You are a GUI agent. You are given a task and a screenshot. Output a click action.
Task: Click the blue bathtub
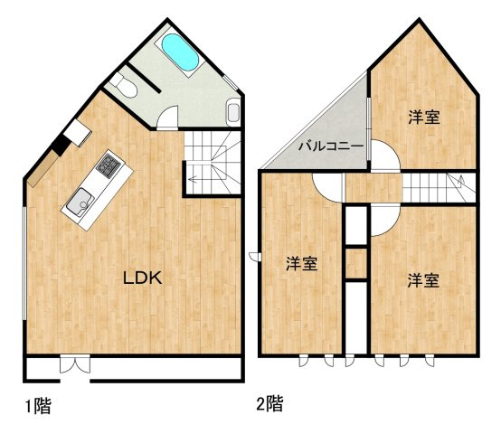pos(180,52)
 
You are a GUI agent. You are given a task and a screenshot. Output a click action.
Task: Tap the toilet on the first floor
pos(124,85)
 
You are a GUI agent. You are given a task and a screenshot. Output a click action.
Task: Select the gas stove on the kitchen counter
pos(109,165)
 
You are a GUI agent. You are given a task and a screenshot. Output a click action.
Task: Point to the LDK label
pos(143,278)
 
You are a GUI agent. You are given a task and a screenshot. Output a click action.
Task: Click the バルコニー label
pos(331,146)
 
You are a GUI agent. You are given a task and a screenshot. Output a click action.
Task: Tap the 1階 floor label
pos(38,406)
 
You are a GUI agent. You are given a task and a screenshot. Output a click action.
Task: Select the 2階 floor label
pos(270,403)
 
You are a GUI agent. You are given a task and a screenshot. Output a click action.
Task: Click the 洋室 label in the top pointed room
pos(424,118)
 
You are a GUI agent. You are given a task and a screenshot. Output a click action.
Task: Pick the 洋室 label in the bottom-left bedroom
pos(302,264)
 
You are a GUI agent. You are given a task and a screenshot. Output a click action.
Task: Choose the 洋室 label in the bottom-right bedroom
pos(423,280)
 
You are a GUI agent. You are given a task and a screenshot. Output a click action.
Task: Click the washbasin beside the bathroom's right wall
pos(233,112)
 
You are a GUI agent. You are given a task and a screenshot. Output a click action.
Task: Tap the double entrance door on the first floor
pos(75,365)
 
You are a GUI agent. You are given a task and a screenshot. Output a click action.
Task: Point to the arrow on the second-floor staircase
pos(461,182)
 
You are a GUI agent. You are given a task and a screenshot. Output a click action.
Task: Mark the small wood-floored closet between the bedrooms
pos(356,263)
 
